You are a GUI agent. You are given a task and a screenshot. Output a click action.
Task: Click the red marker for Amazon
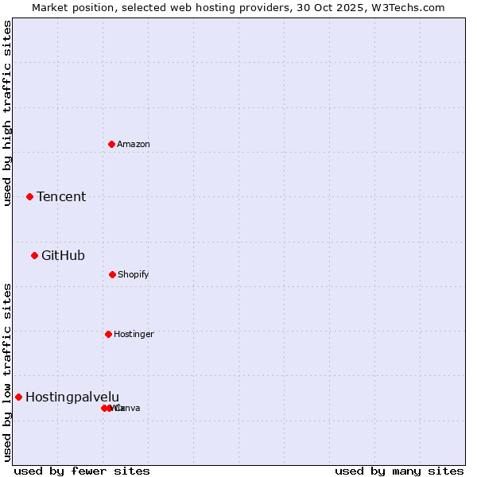(x=111, y=144)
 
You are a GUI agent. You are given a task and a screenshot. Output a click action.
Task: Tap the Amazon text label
(x=134, y=145)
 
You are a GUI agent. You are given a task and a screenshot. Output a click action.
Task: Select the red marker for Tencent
(x=29, y=196)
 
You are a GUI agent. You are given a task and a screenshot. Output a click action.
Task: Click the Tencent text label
(x=61, y=197)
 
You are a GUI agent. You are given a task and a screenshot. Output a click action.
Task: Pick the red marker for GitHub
(x=34, y=255)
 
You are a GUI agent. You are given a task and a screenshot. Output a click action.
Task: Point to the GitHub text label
(x=63, y=256)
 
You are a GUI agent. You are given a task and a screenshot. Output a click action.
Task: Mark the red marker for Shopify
(x=112, y=274)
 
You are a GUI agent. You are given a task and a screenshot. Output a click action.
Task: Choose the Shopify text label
(x=134, y=275)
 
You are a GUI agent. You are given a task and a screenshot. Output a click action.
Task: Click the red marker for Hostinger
(x=108, y=334)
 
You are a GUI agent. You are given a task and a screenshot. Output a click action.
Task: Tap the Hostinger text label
(x=134, y=335)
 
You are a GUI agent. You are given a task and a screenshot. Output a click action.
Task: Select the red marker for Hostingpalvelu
(x=18, y=397)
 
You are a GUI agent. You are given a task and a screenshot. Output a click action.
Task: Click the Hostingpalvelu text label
(x=72, y=397)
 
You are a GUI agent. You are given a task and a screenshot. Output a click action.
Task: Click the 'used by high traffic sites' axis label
(x=8, y=113)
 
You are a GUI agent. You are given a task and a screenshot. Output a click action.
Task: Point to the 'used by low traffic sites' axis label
(x=8, y=372)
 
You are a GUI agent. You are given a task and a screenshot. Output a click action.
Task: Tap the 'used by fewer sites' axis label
(x=82, y=471)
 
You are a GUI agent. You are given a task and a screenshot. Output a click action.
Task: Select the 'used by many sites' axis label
(x=399, y=471)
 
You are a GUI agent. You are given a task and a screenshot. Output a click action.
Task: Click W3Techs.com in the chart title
(x=405, y=7)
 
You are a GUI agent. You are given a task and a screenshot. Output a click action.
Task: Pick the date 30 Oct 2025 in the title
(x=329, y=7)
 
